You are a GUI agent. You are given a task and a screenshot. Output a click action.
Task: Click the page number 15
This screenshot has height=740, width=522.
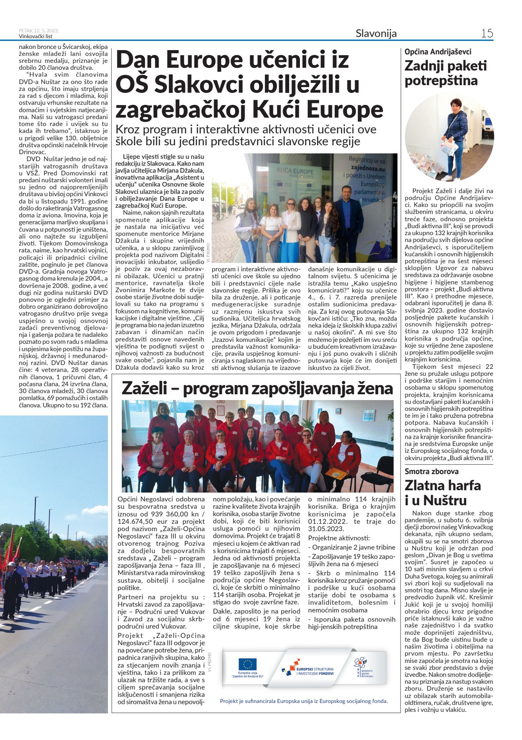click(x=487, y=33)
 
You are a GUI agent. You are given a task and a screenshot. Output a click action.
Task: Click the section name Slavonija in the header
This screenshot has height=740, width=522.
click(x=376, y=34)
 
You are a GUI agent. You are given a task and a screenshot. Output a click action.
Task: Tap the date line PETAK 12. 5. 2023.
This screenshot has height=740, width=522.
click(x=39, y=31)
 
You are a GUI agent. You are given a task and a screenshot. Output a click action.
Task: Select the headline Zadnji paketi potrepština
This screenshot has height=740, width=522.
click(x=445, y=73)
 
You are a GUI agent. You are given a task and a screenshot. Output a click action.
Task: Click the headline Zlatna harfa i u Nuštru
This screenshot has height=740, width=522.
click(x=443, y=493)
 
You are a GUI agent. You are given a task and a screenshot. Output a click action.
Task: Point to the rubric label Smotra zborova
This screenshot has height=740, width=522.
click(x=431, y=471)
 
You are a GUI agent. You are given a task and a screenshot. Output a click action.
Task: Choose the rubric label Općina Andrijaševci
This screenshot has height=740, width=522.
click(x=438, y=52)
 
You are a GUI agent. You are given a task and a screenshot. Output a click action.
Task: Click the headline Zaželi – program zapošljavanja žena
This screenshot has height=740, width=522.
click(x=257, y=388)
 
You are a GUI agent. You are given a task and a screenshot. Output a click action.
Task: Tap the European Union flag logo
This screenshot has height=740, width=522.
click(x=247, y=664)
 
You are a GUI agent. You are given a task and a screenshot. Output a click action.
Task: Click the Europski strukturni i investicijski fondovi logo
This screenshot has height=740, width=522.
click(x=308, y=671)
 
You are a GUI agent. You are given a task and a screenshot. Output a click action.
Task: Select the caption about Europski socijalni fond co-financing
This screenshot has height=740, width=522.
click(x=304, y=701)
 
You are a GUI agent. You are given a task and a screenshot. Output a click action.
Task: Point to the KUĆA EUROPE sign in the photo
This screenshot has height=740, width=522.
click(x=295, y=171)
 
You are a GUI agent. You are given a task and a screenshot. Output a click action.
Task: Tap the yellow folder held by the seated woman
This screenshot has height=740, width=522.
click(x=336, y=473)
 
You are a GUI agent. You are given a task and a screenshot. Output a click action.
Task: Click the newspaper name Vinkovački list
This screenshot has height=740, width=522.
click(x=35, y=37)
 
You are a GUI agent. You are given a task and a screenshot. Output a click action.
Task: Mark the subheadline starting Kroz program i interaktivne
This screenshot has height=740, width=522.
click(x=246, y=135)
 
